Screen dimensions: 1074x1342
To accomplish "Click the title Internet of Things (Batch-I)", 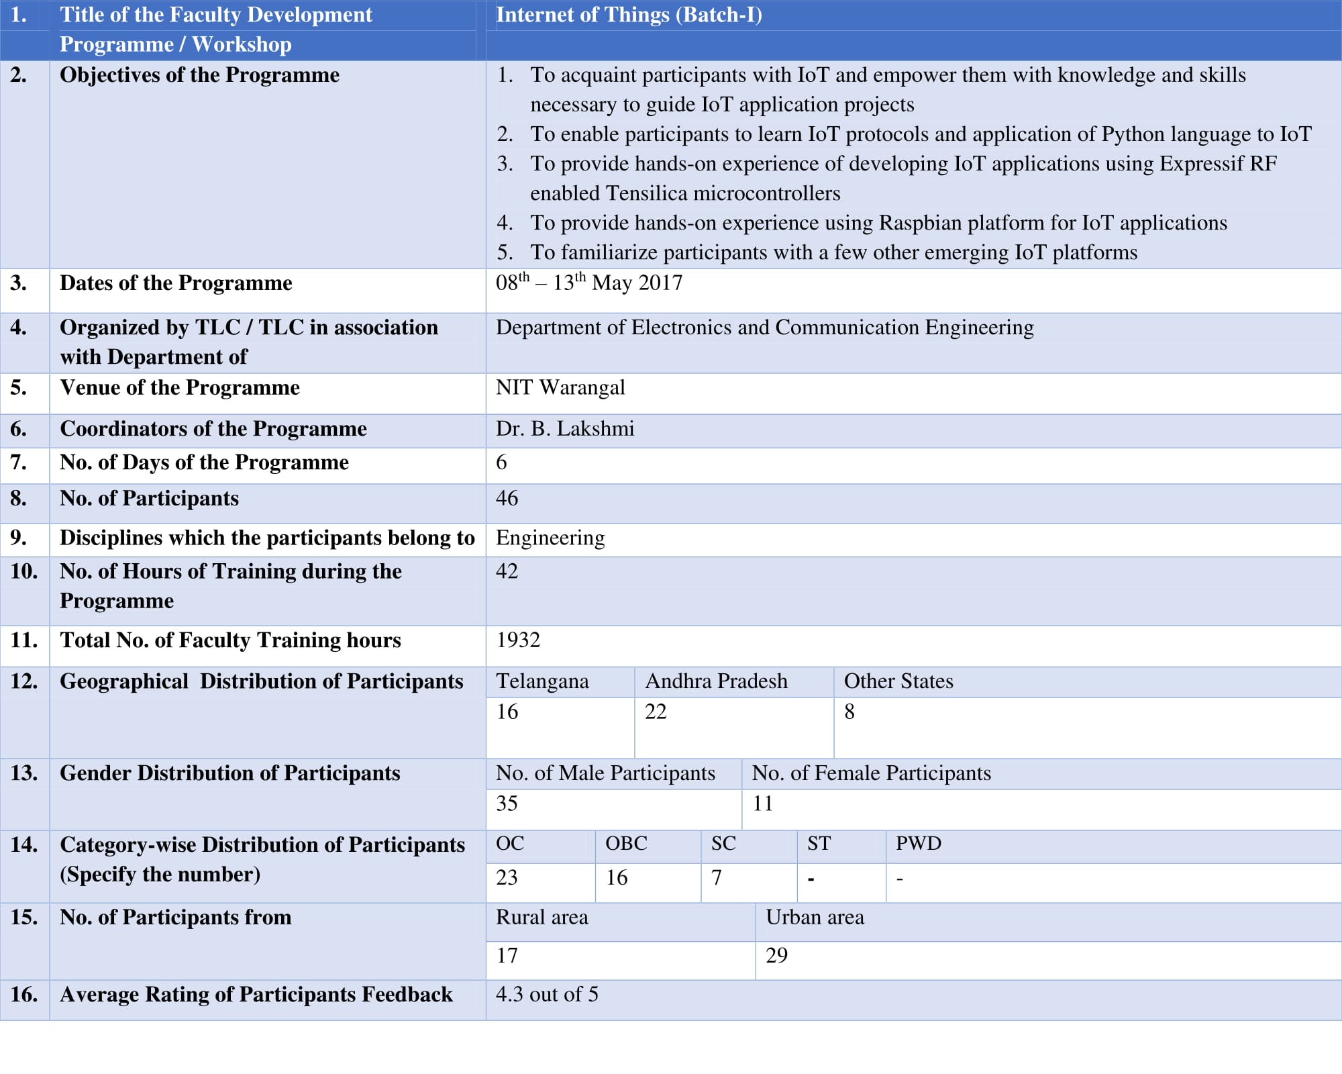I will click(629, 15).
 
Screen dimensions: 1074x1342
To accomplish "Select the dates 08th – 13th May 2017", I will click(588, 283).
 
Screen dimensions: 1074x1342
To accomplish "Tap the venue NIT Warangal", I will click(560, 387).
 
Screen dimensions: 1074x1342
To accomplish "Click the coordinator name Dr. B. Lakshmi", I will click(565, 428).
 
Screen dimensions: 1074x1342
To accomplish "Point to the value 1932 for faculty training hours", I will click(518, 640).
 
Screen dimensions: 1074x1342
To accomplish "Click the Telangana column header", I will click(542, 681).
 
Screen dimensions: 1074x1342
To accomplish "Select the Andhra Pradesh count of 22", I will click(656, 712).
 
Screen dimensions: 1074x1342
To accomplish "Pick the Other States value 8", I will click(849, 712).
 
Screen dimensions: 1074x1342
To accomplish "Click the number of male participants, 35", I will click(507, 803).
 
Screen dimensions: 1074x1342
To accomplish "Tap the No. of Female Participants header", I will click(871, 773).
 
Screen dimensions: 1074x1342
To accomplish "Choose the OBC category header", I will click(626, 844).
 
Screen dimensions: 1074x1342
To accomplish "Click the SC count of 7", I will click(717, 877).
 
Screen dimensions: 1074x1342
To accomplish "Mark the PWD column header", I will click(919, 844).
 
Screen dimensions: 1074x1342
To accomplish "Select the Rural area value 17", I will click(507, 955).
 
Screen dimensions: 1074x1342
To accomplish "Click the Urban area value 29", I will click(776, 955).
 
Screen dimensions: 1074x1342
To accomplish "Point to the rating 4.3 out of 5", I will click(547, 994).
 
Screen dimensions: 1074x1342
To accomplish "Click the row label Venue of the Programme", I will click(180, 387).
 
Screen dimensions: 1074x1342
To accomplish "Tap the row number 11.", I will click(23, 640).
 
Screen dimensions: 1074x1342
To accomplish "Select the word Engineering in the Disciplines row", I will click(550, 538).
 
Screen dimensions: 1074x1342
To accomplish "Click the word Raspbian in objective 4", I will click(919, 223).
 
